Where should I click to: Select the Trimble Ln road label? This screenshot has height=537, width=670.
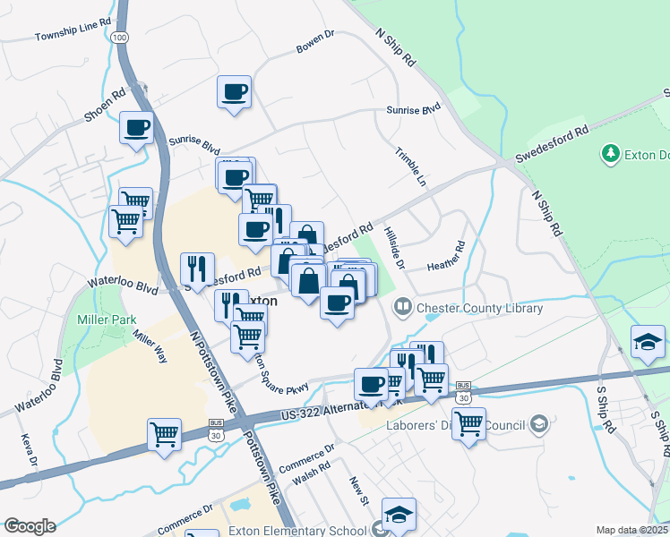410,166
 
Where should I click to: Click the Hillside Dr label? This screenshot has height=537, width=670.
394,247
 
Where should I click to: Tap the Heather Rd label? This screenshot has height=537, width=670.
446,258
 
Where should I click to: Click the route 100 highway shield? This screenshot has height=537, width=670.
120,37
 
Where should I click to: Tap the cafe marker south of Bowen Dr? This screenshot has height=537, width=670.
234,92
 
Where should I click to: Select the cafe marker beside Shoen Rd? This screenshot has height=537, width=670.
136,128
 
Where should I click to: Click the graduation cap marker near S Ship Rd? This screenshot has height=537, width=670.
647,342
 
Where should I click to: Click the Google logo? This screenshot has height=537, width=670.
29,526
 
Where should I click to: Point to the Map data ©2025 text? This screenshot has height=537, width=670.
631,530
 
